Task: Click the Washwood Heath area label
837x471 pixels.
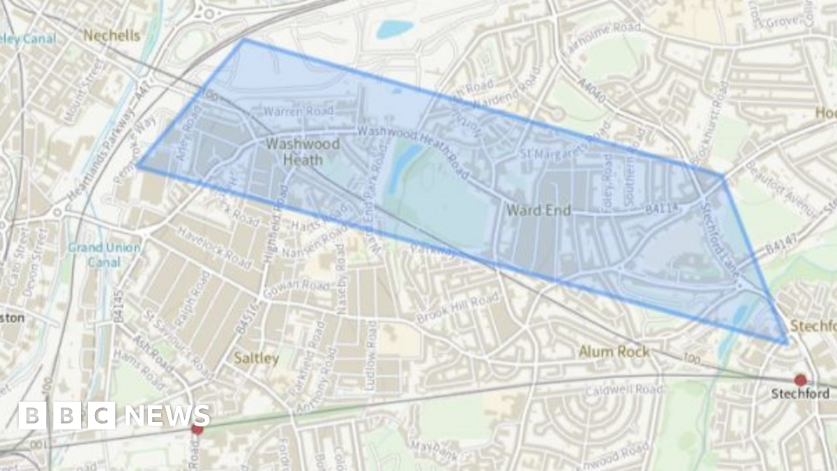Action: click(303, 151)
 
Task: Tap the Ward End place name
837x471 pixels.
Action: click(538, 209)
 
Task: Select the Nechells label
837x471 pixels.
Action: click(112, 35)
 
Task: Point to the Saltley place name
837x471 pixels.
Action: click(256, 359)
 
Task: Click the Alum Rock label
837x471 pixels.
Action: click(614, 351)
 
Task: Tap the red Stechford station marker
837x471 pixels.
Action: click(800, 380)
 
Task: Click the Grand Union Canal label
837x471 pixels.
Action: click(105, 255)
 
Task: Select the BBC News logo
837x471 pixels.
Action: click(113, 415)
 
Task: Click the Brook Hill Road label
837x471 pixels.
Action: click(458, 308)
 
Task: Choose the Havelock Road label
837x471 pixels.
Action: click(213, 248)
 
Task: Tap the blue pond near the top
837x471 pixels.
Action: click(395, 29)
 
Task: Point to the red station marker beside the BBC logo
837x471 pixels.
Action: click(197, 428)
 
